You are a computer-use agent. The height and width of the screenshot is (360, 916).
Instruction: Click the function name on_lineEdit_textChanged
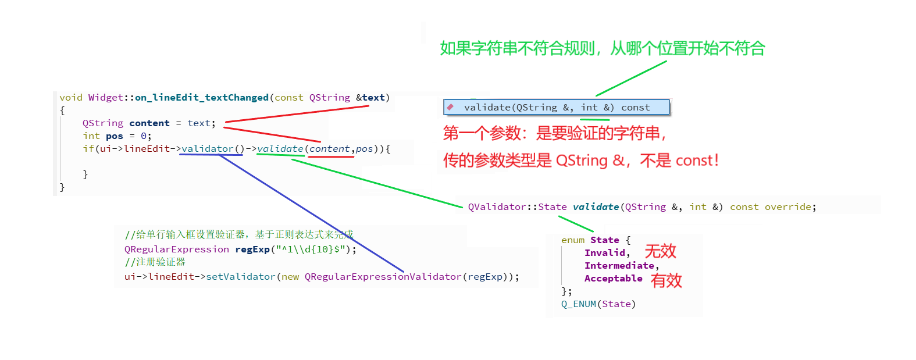(x=202, y=98)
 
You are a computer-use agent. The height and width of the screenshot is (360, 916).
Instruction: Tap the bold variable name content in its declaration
(x=149, y=123)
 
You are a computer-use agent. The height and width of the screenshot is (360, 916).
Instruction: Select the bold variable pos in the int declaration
(x=115, y=136)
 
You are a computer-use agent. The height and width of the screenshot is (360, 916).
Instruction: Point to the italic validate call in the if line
(x=280, y=149)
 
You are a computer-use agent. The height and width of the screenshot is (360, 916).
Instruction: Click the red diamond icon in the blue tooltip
(x=450, y=107)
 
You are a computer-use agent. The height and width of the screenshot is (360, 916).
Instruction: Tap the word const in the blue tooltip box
(x=635, y=108)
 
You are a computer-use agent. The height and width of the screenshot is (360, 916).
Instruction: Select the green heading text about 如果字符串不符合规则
(x=602, y=48)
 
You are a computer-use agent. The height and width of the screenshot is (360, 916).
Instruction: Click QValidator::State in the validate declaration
(x=517, y=207)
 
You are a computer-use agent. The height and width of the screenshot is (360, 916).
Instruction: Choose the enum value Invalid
(x=605, y=253)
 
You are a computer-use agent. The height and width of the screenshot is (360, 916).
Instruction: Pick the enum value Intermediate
(x=619, y=266)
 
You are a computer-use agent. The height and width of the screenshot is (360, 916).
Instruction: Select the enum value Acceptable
(x=613, y=279)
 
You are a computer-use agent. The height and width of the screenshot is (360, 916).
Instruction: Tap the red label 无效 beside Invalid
(x=660, y=251)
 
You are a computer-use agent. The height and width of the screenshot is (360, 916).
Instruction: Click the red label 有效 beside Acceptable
(x=666, y=281)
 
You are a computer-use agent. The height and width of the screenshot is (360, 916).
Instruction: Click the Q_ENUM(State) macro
(x=598, y=304)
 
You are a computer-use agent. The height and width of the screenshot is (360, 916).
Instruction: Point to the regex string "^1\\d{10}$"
(x=311, y=249)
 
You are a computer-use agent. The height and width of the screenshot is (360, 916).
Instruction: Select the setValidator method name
(x=240, y=277)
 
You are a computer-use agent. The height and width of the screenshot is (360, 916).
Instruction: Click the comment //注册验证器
(x=155, y=262)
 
